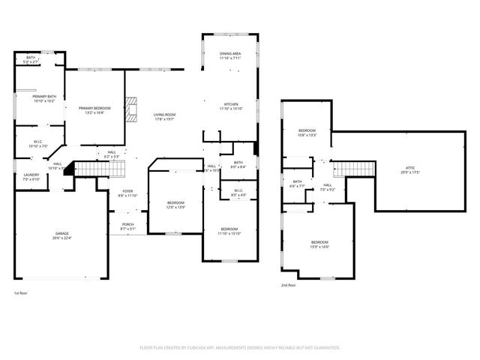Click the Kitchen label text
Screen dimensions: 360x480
click(230, 106)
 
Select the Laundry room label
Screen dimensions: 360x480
click(31, 177)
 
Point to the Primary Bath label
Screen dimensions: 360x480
click(43, 98)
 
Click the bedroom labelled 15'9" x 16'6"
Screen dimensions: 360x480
click(319, 244)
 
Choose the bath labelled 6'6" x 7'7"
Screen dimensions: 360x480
click(297, 183)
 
